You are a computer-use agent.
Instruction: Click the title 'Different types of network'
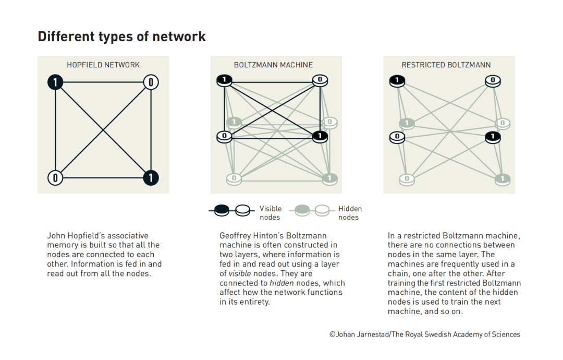(121, 37)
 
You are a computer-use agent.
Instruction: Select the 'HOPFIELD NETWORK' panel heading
(103, 65)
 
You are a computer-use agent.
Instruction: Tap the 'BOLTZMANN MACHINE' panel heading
(273, 65)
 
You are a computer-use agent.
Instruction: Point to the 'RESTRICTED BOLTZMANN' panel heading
(446, 65)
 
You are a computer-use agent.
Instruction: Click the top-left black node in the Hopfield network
(55, 82)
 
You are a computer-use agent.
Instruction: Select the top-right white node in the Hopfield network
(151, 82)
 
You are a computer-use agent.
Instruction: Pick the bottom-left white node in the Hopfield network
(55, 177)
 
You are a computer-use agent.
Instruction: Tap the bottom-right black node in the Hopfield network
(151, 177)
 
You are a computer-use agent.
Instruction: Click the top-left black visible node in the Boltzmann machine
(224, 80)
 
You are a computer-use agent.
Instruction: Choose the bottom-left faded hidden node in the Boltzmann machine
(234, 179)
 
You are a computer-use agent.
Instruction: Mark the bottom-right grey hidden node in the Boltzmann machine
(329, 179)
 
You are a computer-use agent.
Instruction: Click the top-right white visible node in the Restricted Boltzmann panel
(493, 81)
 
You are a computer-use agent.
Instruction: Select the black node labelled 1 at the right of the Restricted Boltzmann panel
(493, 137)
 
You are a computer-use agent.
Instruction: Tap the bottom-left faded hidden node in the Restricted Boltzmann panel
(407, 179)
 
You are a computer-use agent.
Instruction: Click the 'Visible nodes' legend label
(271, 213)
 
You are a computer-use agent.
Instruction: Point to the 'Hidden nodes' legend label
(350, 213)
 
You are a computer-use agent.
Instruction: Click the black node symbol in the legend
(222, 210)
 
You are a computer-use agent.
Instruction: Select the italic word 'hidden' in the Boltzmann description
(282, 283)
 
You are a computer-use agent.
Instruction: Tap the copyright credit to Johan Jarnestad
(425, 334)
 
